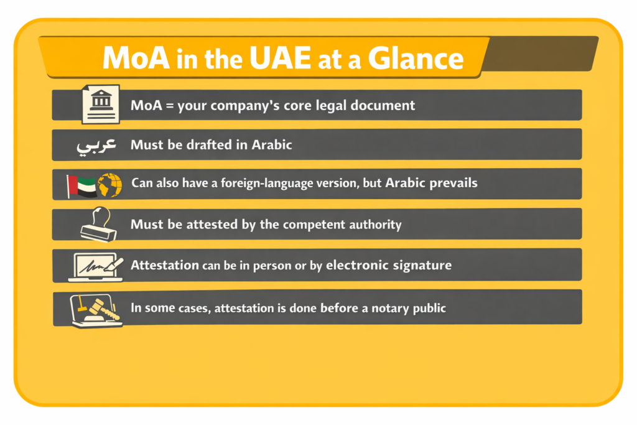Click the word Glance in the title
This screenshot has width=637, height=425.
click(416, 58)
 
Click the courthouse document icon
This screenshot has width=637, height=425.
click(101, 104)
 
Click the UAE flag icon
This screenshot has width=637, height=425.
click(81, 185)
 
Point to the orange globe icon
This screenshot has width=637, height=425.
click(109, 185)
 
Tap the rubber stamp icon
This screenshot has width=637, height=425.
click(99, 225)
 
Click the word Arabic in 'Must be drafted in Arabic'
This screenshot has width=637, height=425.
click(271, 146)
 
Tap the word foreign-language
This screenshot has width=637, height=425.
click(248, 184)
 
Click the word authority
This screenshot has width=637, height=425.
click(373, 225)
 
